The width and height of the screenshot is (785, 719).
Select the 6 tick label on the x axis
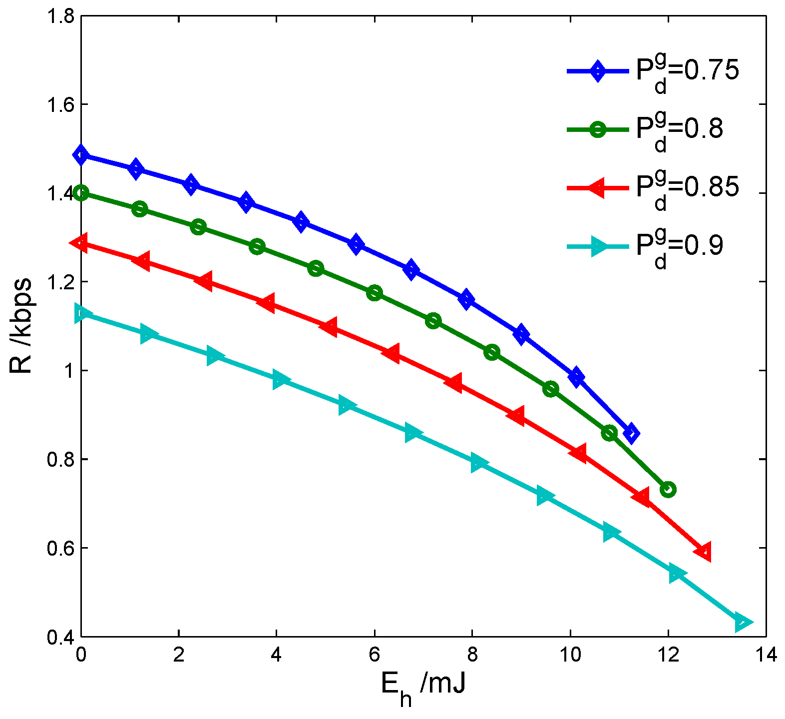[x=375, y=655]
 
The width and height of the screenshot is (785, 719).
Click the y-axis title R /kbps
[x=21, y=326]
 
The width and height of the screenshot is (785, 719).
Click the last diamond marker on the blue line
[x=631, y=433]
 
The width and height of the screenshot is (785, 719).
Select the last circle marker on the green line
[x=668, y=489]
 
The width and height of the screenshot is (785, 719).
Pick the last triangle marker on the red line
[x=703, y=552]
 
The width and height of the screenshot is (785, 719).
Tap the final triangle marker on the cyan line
[x=743, y=623]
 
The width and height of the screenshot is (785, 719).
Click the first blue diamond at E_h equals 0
[x=81, y=155]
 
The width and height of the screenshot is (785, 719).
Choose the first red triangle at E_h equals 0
[x=80, y=243]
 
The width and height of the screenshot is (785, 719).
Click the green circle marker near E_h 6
[x=375, y=293]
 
